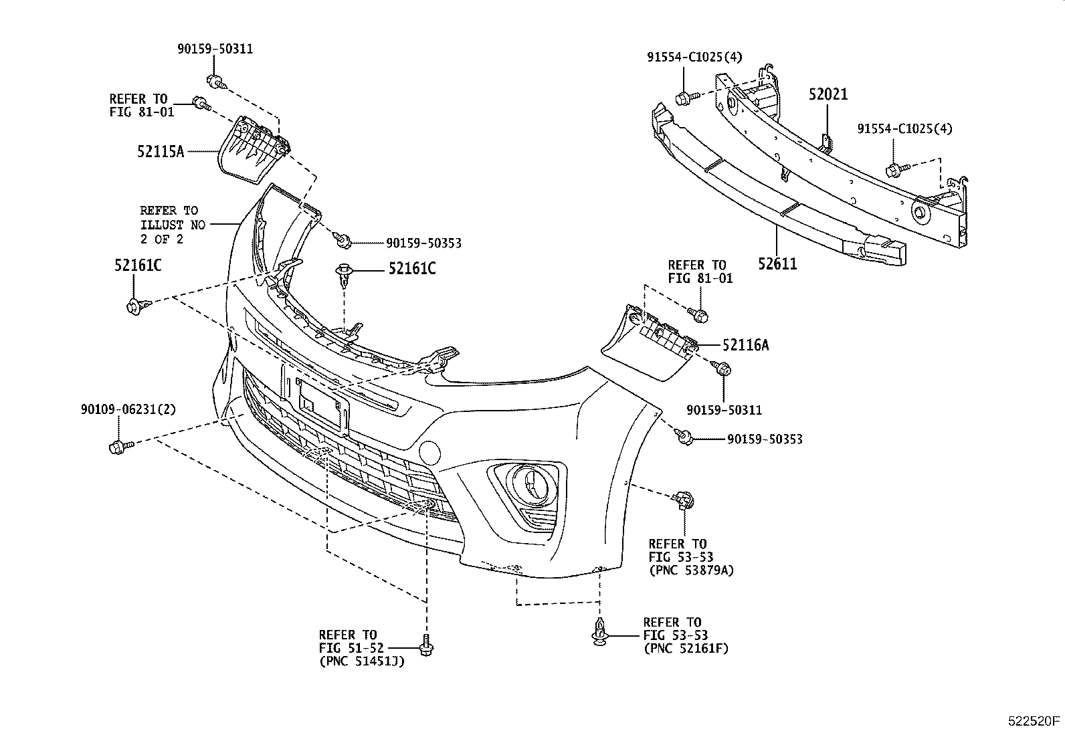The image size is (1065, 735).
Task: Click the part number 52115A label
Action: (160, 152)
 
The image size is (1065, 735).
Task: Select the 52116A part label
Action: (745, 345)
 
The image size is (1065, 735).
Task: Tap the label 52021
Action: (828, 94)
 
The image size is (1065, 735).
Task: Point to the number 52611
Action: (777, 264)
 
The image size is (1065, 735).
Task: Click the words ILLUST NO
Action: (173, 225)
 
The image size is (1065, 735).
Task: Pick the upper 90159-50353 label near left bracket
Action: (423, 243)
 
